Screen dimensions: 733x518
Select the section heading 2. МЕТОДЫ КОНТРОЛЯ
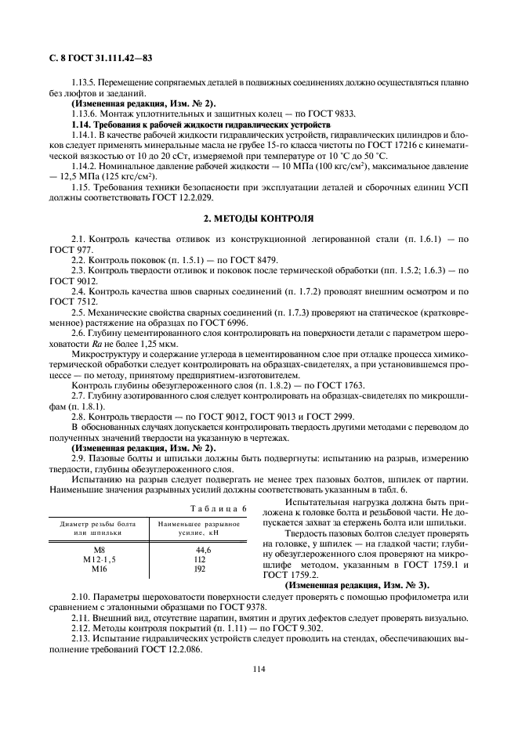click(x=259, y=218)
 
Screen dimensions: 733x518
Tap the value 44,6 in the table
click(x=204, y=551)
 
